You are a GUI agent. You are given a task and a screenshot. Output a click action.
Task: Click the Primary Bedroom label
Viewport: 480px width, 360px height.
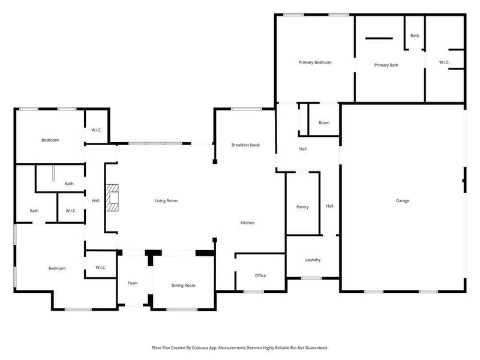pyautogui.click(x=315, y=62)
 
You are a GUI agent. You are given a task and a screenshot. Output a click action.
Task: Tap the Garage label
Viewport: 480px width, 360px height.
pyautogui.click(x=403, y=201)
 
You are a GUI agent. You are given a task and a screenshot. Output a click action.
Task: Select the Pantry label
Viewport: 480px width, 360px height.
pyautogui.click(x=302, y=207)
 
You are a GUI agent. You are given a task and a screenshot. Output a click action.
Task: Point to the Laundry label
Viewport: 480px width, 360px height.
pyautogui.click(x=313, y=260)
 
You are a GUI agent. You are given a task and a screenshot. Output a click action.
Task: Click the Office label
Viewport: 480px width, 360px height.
pyautogui.click(x=260, y=275)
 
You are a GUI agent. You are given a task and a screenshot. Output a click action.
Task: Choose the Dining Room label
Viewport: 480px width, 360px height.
pyautogui.click(x=184, y=286)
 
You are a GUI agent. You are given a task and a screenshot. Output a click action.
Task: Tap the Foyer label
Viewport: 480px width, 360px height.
pyautogui.click(x=133, y=283)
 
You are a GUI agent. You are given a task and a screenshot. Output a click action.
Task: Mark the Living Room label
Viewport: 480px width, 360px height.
pyautogui.click(x=166, y=201)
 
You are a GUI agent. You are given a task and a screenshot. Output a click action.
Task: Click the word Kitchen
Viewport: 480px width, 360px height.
pyautogui.click(x=247, y=223)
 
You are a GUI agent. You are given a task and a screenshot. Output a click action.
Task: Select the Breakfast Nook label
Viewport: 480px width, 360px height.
pyautogui.click(x=245, y=145)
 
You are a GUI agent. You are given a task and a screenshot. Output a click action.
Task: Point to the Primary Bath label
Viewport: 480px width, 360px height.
pyautogui.click(x=386, y=65)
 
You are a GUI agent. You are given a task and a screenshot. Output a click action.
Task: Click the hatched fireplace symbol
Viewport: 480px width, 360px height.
pyautogui.click(x=112, y=198)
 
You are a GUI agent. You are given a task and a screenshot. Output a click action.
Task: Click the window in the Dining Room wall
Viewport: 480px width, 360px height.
pyautogui.click(x=182, y=310)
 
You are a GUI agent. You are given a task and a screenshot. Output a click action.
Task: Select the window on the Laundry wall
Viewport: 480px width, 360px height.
pyautogui.click(x=311, y=278)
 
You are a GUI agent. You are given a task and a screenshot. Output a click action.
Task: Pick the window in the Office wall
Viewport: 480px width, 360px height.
pyautogui.click(x=253, y=292)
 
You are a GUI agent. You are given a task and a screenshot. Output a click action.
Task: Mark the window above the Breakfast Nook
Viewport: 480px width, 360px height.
pyautogui.click(x=247, y=109)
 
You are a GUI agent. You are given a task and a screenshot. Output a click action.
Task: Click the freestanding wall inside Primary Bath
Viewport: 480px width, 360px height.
pyautogui.click(x=379, y=38)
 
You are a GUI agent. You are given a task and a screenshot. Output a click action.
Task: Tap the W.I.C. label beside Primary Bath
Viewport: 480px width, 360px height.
pyautogui.click(x=445, y=62)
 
